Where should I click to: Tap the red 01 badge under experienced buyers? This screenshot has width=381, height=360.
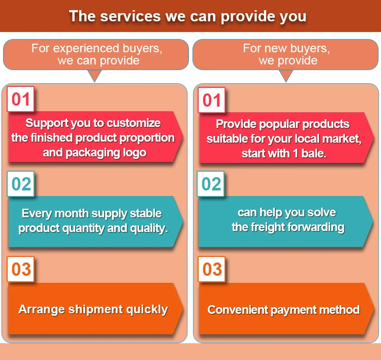(21, 99)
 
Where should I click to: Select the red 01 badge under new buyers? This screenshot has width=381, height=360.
(212, 100)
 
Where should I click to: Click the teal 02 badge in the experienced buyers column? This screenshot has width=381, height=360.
(21, 184)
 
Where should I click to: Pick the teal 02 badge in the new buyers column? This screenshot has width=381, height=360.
(212, 184)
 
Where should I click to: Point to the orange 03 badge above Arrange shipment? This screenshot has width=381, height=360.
(21, 269)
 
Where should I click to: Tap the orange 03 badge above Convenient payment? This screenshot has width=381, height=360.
(212, 269)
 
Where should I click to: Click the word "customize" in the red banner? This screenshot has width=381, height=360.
(134, 123)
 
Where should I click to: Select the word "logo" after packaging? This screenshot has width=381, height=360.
(134, 152)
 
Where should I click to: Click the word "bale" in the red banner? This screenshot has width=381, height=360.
(311, 153)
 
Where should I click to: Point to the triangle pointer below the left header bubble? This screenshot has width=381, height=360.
(94, 76)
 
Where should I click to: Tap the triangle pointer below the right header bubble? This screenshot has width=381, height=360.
(286, 76)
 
